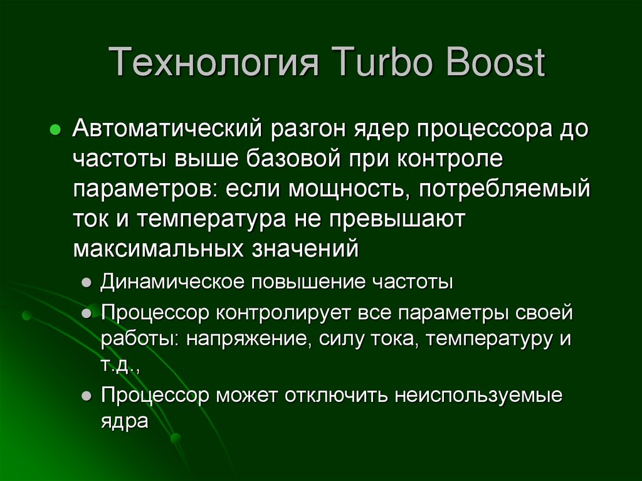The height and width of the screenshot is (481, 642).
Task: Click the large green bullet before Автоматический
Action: (55, 130)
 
